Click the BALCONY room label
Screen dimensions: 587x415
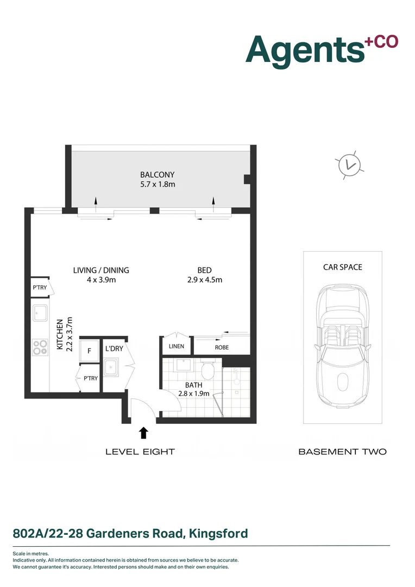pyautogui.click(x=158, y=174)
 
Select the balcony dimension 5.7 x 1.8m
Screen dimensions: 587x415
pyautogui.click(x=158, y=184)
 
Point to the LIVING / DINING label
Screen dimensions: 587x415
pyautogui.click(x=101, y=270)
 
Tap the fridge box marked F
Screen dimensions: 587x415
pyautogui.click(x=89, y=351)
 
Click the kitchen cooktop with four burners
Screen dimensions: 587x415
pyautogui.click(x=40, y=347)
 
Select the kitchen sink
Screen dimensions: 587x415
pyautogui.click(x=40, y=314)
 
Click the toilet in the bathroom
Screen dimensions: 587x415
pyautogui.click(x=206, y=371)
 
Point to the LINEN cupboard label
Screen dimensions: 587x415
pyautogui.click(x=176, y=346)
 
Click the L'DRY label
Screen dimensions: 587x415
pyautogui.click(x=114, y=348)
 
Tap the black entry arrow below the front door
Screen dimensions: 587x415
pyautogui.click(x=143, y=433)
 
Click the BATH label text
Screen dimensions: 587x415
pyautogui.click(x=194, y=385)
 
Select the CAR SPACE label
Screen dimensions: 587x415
pyautogui.click(x=342, y=267)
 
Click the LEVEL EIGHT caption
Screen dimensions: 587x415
pyautogui.click(x=140, y=452)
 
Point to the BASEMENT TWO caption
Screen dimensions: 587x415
pyautogui.click(x=342, y=452)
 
